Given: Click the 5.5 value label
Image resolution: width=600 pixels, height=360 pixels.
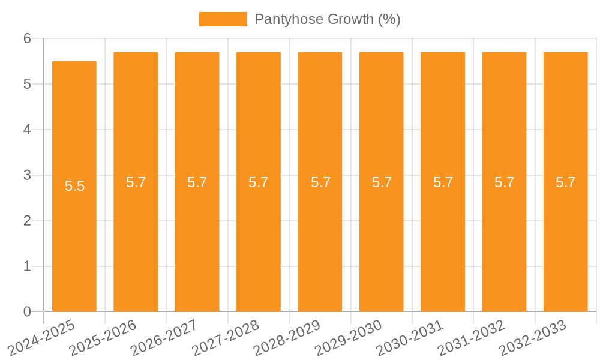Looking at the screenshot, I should tap(75, 186).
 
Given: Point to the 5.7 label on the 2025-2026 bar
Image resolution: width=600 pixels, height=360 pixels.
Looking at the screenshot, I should tap(136, 182).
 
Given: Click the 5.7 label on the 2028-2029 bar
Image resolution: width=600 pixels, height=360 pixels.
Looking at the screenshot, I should tap(320, 182).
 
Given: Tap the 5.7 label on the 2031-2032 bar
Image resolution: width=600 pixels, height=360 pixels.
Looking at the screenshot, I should tap(505, 182).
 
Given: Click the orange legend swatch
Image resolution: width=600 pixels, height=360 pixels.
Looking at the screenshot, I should tap(223, 19).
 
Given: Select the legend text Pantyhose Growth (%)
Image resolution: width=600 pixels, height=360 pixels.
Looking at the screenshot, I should tap(327, 19).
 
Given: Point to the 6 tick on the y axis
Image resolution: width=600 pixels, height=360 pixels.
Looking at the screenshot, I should tap(27, 38).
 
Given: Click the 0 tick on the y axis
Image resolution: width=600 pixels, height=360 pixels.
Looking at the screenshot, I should tap(27, 311).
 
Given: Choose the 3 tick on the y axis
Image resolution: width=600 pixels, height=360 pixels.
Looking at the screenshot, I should tap(27, 175).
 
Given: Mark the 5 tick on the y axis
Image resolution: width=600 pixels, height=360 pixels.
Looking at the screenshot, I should tap(27, 84).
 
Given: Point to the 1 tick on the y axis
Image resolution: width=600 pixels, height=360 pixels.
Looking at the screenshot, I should tap(27, 266).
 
